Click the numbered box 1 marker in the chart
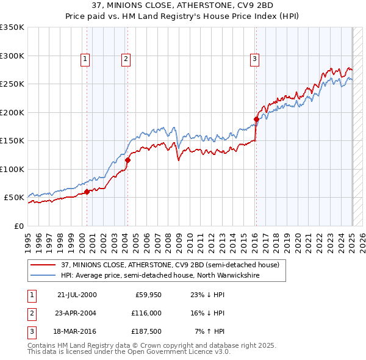click(x=84, y=59)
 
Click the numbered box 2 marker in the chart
click(x=125, y=59)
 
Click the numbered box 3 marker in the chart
click(x=254, y=59)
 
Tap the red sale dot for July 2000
click(x=87, y=192)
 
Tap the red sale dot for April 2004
click(x=127, y=160)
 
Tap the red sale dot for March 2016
click(x=256, y=120)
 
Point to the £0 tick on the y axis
click(x=18, y=226)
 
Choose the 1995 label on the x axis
click(x=27, y=238)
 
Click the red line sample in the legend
click(x=43, y=265)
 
